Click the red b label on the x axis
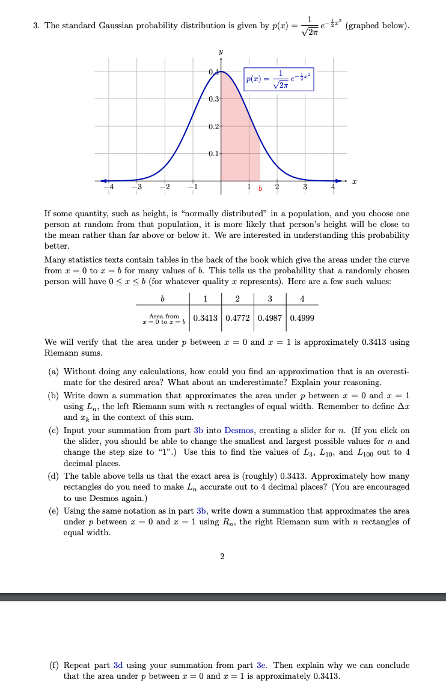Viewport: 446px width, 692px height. tap(260, 190)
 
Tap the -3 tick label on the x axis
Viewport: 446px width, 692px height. tap(137, 189)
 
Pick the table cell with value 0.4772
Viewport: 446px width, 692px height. tap(238, 317)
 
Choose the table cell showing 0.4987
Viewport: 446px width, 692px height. tap(270, 317)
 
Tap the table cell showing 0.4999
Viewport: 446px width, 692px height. tap(302, 317)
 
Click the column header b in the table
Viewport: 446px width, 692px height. tap(162, 300)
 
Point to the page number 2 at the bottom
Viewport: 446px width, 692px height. tap(222, 557)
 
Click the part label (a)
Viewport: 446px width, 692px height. tap(53, 372)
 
